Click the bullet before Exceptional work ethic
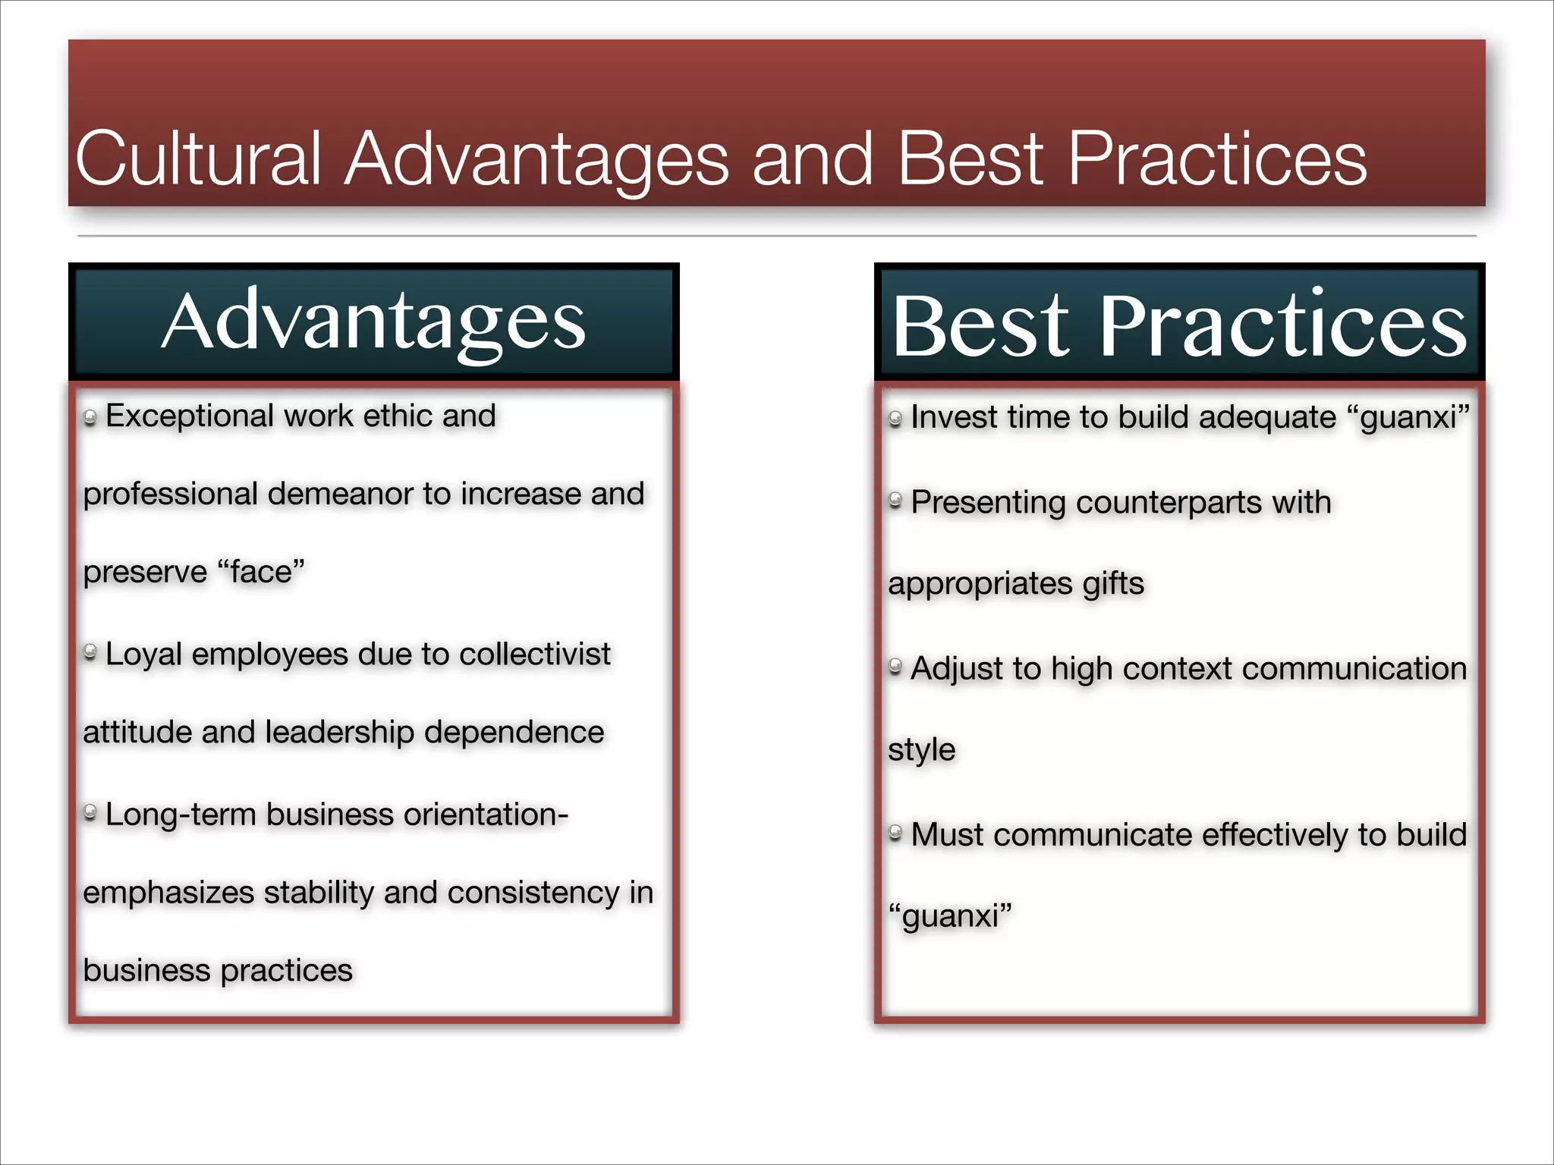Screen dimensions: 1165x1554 click(x=90, y=418)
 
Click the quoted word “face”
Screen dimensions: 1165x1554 click(x=260, y=572)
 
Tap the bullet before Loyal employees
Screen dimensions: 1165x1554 click(x=90, y=652)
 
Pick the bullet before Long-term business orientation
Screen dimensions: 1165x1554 click(x=90, y=814)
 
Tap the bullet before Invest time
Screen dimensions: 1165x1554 click(x=895, y=418)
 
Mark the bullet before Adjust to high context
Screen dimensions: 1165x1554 click(x=895, y=667)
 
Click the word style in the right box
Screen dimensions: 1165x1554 click(x=921, y=750)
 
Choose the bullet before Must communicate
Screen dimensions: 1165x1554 click(x=895, y=834)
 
